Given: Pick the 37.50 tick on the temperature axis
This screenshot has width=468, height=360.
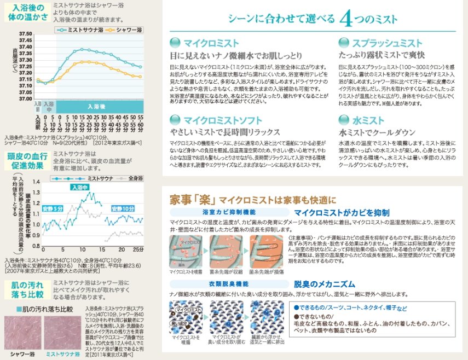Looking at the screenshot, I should tap(26, 34).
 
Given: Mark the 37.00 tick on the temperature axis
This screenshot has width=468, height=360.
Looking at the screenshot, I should tap(26, 99).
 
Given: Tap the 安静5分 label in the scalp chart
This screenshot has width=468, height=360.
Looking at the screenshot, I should tap(53, 208).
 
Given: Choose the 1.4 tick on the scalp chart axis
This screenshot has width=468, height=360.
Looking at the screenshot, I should tap(37, 181).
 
